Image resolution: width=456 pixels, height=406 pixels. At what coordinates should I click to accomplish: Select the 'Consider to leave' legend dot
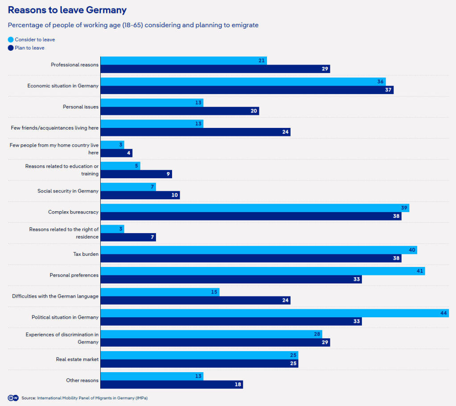coord(11,40)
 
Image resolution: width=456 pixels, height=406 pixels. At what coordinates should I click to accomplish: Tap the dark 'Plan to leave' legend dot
coord(11,48)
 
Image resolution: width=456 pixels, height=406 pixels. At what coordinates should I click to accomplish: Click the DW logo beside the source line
coord(12,398)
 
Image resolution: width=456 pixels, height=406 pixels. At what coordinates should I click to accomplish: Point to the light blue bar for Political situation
coord(274,313)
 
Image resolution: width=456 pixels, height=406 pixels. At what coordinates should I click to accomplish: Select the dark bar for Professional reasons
coord(215,69)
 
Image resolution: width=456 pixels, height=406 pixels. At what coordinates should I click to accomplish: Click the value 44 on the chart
coord(444,313)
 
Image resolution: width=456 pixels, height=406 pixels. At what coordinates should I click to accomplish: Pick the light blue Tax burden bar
coord(259,250)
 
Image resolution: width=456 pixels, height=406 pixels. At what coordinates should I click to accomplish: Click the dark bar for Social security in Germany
coord(140,195)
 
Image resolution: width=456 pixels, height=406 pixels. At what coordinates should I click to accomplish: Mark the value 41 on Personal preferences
coord(420,271)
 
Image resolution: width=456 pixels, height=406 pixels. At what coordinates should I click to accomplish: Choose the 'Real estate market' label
coord(77,359)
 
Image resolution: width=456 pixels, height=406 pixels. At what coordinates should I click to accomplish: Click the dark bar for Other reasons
coord(172,385)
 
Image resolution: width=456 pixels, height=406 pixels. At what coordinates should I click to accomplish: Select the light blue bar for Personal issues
coord(152,103)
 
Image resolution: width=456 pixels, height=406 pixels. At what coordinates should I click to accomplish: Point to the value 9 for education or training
coord(168,174)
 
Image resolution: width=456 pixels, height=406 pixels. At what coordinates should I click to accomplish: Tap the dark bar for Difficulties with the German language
coord(195,300)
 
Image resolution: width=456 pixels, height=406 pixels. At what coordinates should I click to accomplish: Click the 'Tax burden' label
coord(86,254)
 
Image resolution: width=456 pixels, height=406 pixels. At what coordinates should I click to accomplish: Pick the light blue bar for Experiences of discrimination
coord(211,334)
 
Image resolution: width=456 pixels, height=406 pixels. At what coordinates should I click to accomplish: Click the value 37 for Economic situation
coord(388,90)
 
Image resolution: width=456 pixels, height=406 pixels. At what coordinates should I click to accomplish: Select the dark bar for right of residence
coord(128,237)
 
